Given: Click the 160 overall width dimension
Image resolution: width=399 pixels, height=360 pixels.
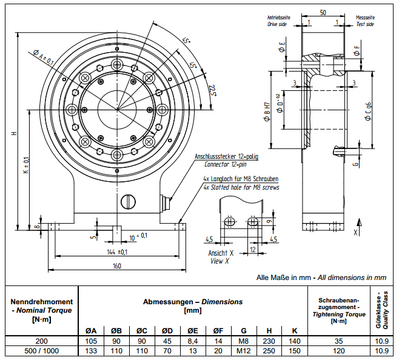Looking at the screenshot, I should (x=117, y=265).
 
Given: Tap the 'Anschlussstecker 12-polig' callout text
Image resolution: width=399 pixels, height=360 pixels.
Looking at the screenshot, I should (x=226, y=157).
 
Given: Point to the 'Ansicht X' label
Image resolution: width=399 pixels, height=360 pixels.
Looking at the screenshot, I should (x=221, y=253).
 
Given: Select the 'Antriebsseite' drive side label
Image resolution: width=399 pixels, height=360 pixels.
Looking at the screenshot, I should (x=279, y=17).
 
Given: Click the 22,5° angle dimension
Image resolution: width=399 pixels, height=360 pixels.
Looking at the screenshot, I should (x=212, y=91).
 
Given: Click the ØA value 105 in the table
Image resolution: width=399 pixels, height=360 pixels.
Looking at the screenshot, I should (x=92, y=341).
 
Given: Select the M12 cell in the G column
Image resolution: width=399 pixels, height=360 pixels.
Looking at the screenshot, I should (x=243, y=350).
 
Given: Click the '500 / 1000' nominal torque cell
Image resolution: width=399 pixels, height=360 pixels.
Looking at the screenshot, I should (x=41, y=350).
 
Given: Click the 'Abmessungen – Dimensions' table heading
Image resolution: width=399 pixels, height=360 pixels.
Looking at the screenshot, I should (x=192, y=301).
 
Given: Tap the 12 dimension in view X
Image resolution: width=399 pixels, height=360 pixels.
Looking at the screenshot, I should (x=252, y=249).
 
